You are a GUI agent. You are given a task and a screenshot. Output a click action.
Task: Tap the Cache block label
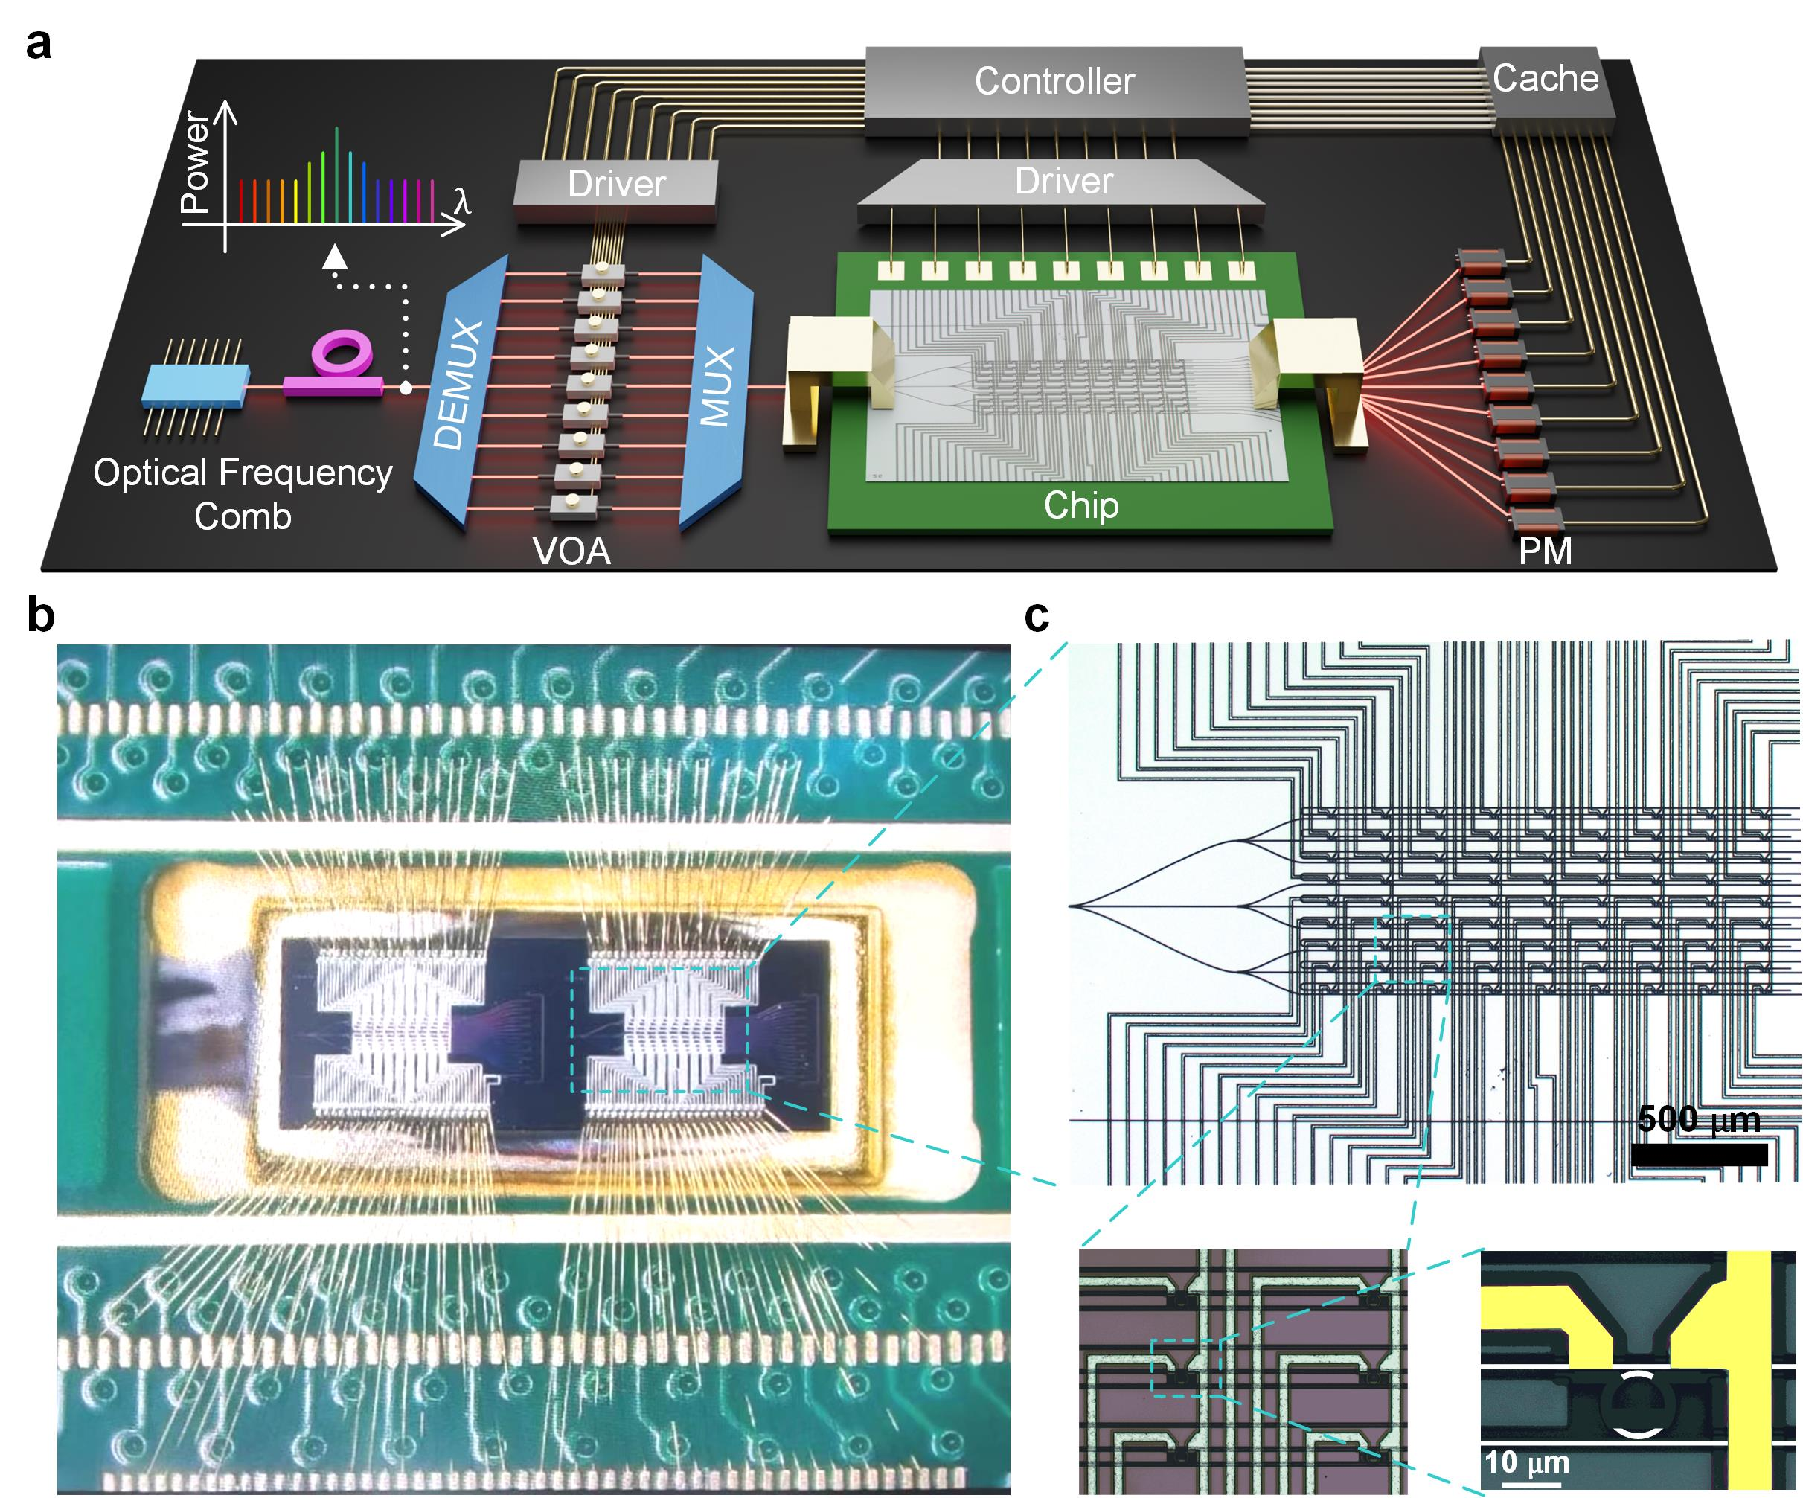1546,78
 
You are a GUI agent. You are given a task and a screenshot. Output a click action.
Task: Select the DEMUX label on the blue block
459,384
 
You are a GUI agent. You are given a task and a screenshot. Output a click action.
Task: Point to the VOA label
571,551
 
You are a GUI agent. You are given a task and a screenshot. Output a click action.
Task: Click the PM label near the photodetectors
1546,551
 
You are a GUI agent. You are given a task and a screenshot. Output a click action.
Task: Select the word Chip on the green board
1081,505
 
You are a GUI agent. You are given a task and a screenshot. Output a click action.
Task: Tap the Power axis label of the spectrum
195,162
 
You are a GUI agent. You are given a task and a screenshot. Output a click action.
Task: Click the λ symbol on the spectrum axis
462,201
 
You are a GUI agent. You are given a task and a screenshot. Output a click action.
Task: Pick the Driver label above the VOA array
616,184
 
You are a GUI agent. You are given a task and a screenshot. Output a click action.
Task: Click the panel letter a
39,43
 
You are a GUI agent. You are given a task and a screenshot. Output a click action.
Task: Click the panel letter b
40,615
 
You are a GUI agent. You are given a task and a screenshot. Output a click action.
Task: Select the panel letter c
1037,615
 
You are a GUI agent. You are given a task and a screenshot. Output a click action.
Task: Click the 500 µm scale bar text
1698,1119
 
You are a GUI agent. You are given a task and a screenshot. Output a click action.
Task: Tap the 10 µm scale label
1526,1463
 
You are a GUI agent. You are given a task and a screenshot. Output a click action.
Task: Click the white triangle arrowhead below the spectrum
335,257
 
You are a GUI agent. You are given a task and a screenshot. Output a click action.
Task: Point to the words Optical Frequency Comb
243,494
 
